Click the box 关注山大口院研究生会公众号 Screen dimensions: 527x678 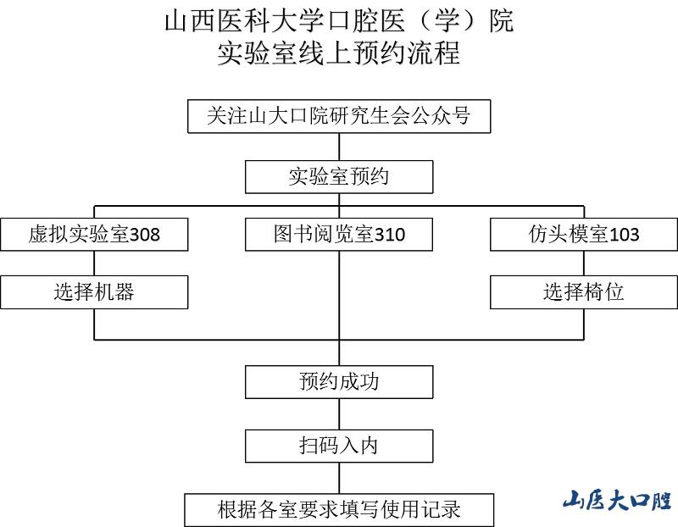coord(339,117)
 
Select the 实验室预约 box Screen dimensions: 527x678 coord(339,177)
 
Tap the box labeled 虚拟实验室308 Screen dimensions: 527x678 coord(93,235)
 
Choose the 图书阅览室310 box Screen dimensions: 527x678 coord(339,235)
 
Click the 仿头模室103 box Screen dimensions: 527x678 coord(584,235)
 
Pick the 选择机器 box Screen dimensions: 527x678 coord(93,292)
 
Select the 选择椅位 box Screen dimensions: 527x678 coord(584,292)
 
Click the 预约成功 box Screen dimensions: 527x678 coord(339,381)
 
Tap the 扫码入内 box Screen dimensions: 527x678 coord(339,445)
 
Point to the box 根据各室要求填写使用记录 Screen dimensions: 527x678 coord(339,509)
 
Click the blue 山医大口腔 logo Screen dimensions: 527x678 coord(617,500)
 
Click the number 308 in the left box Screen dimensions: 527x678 coord(144,236)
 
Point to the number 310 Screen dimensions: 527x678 coord(390,236)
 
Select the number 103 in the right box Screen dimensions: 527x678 coord(624,236)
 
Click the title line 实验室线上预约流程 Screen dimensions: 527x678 coord(339,54)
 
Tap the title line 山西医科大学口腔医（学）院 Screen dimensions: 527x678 coord(339,20)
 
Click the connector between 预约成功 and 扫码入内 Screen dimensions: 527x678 coord(339,414)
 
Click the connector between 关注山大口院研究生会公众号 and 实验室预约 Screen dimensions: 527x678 coord(339,147)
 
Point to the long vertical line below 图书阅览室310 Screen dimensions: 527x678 coord(339,297)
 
